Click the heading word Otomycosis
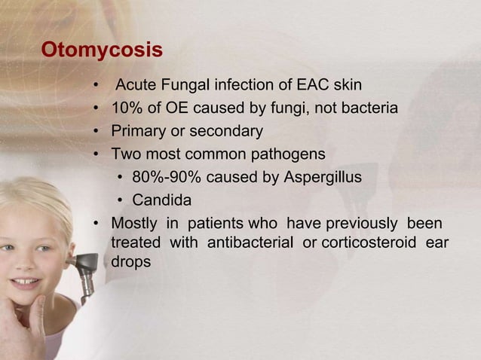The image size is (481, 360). click(102, 50)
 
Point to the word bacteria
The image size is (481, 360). click(367, 108)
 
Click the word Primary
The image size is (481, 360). click(139, 131)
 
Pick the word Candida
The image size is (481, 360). click(161, 201)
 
